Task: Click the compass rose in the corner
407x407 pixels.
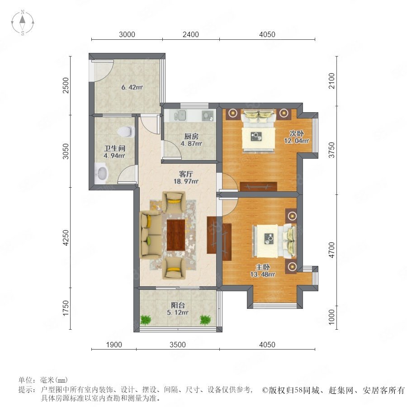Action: pyautogui.click(x=23, y=23)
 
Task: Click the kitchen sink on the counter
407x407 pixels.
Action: pyautogui.click(x=180, y=115)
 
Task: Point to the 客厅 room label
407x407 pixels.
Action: pyautogui.click(x=186, y=174)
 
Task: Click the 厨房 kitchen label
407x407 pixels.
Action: pyautogui.click(x=191, y=136)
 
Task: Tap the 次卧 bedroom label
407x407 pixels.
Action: pyautogui.click(x=297, y=133)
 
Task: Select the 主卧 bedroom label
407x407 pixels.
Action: pyautogui.click(x=263, y=267)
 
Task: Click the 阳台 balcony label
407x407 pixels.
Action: pyautogui.click(x=178, y=305)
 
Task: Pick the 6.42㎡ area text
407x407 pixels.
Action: pyautogui.click(x=132, y=87)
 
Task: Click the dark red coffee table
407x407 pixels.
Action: pyautogui.click(x=176, y=235)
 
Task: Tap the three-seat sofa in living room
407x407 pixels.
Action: pyautogui.click(x=150, y=235)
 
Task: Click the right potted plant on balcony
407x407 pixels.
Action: pyautogui.click(x=205, y=320)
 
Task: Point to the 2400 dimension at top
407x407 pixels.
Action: pyautogui.click(x=191, y=34)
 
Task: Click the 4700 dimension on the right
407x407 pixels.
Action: pyautogui.click(x=332, y=250)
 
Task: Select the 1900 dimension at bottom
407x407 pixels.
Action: pyautogui.click(x=114, y=345)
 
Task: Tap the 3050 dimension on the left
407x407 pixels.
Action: pyautogui.click(x=66, y=151)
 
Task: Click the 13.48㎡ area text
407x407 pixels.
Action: pyautogui.click(x=263, y=274)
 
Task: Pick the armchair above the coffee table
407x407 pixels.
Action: pyautogui.click(x=174, y=202)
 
